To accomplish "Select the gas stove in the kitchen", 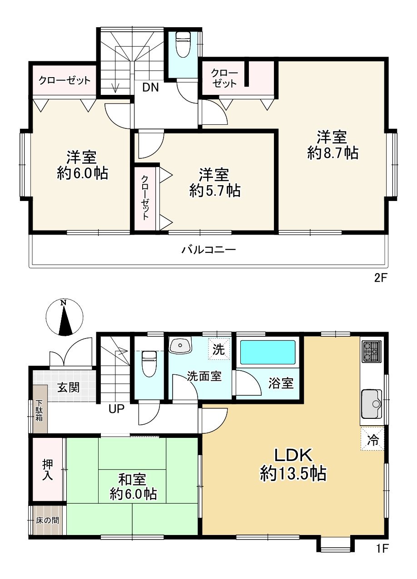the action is pyautogui.click(x=372, y=352).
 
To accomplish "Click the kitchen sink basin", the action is pyautogui.click(x=372, y=404).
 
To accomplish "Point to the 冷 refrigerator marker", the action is pyautogui.click(x=372, y=439).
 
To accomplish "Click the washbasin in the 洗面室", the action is pyautogui.click(x=180, y=345).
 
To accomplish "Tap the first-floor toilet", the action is pyautogui.click(x=149, y=363).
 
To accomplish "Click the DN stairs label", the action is pyautogui.click(x=150, y=88).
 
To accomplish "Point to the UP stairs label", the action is pyautogui.click(x=116, y=409).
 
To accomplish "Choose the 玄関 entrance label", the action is pyautogui.click(x=68, y=388).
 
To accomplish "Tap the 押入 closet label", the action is pyautogui.click(x=48, y=470).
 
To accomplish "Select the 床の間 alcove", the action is pyautogui.click(x=48, y=520).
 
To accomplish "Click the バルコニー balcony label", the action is pyautogui.click(x=208, y=250).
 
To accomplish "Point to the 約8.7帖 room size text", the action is pyautogui.click(x=333, y=153).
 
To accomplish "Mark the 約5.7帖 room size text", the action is pyautogui.click(x=215, y=191).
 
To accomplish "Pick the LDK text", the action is pyautogui.click(x=293, y=456).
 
